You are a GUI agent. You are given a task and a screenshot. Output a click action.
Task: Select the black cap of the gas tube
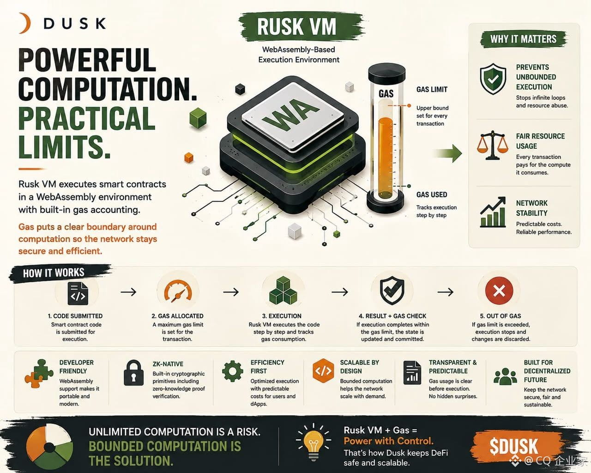[386, 72]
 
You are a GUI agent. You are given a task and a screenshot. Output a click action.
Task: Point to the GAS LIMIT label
[432, 89]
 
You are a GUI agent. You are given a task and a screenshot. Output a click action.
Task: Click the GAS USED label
[431, 194]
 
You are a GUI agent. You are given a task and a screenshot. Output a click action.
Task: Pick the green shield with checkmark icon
[493, 79]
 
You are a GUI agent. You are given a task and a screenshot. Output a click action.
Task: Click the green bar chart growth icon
[493, 212]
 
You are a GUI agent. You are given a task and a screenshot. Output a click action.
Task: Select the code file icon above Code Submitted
[78, 293]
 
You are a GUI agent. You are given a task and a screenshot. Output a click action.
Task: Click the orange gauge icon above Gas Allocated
[178, 291]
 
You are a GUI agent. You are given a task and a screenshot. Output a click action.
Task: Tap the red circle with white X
[499, 291]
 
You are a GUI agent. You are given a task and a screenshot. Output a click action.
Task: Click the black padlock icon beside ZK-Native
[134, 373]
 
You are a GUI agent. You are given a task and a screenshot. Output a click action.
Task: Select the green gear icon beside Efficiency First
[233, 371]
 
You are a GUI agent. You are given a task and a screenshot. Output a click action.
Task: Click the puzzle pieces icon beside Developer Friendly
[39, 373]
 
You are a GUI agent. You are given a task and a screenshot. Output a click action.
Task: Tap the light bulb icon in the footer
[314, 441]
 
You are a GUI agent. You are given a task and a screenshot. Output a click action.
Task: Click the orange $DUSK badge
[513, 446]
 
